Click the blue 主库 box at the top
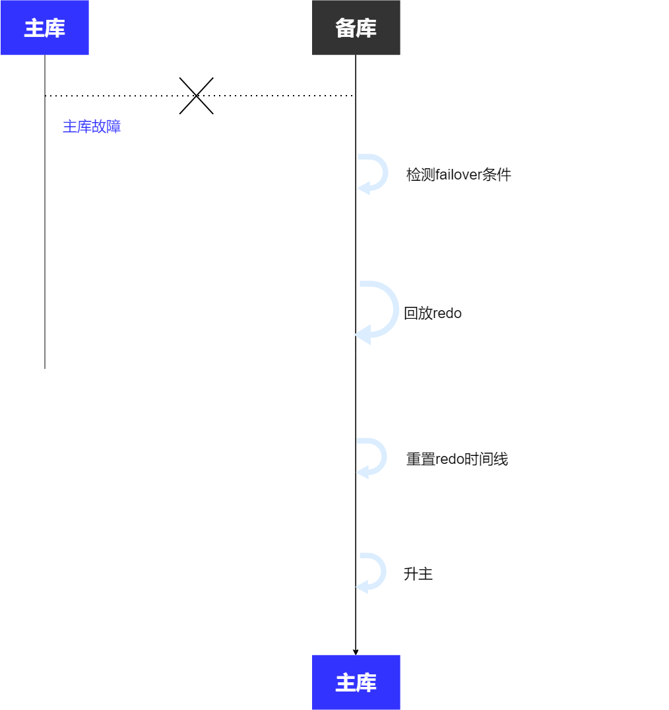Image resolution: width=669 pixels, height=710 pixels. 44,28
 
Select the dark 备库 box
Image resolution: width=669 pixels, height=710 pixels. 356,28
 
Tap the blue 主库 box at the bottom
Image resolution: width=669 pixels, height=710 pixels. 356,682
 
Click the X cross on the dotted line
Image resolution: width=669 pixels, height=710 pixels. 197,96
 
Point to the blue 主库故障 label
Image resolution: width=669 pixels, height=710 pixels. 92,127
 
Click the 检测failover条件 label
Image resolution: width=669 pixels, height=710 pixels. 459,175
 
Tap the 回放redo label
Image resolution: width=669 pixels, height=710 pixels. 432,313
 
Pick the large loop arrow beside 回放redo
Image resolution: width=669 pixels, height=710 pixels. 379,312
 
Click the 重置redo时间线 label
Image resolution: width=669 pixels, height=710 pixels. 457,459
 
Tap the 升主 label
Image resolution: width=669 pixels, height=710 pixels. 418,574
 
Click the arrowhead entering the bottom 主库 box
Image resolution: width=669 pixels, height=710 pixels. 356,652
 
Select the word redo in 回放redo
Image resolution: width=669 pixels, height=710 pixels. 447,313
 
